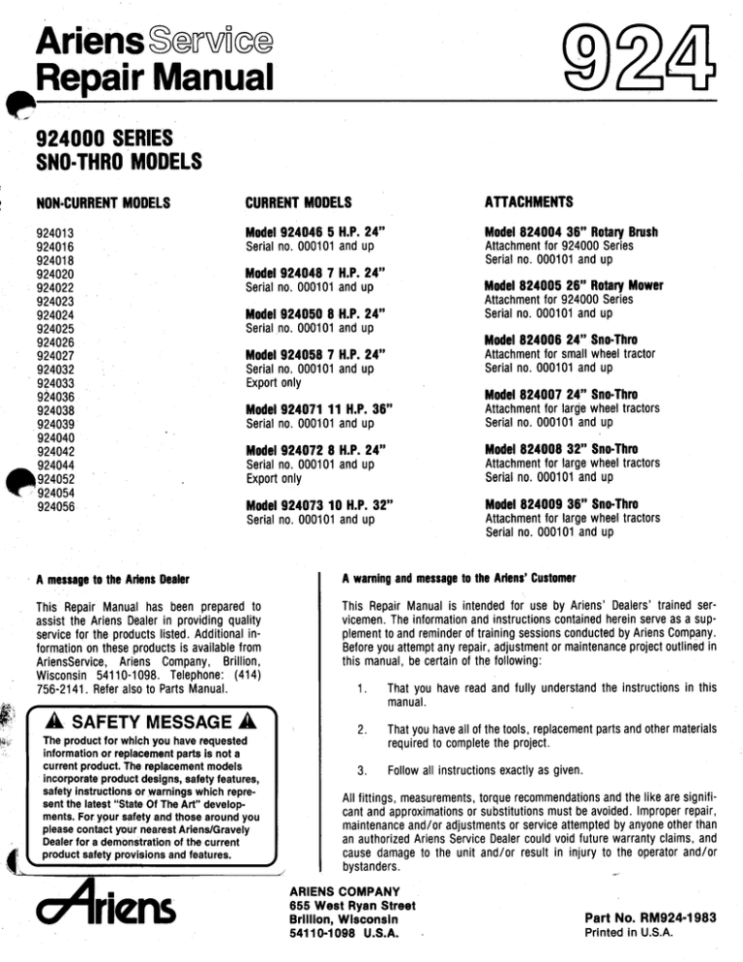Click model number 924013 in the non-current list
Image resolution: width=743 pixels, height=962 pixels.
tap(55, 233)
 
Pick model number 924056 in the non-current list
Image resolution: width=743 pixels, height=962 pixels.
tap(55, 504)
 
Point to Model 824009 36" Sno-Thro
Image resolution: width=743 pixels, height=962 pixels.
tap(539, 503)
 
